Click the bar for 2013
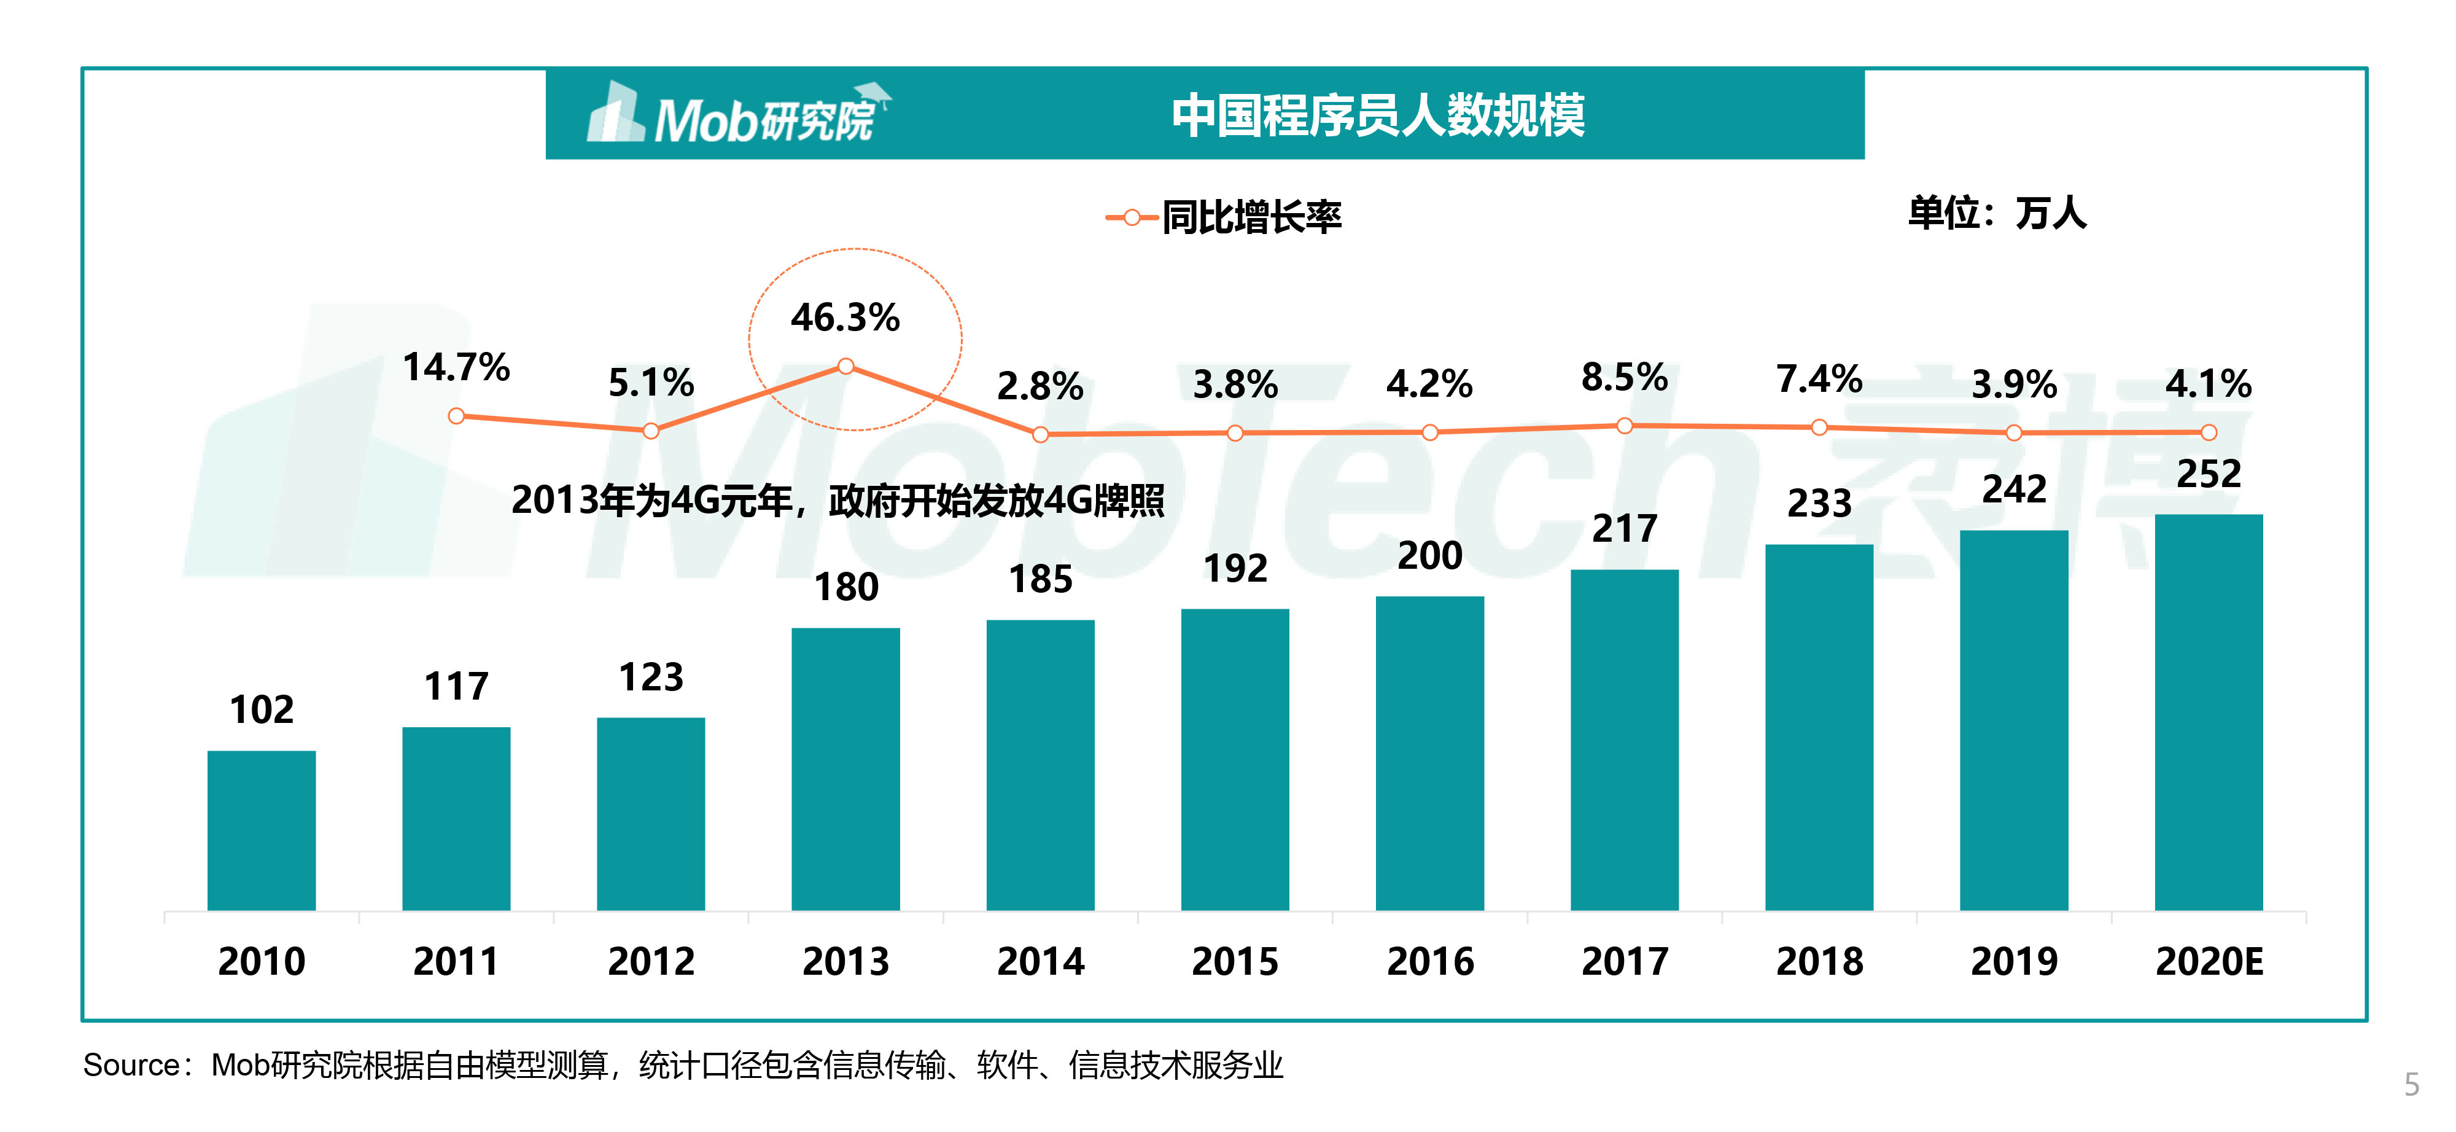coord(845,768)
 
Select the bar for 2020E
coord(2208,711)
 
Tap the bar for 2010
coord(261,830)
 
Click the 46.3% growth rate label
coord(845,318)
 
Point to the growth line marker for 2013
coord(845,366)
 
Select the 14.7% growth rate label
coord(456,367)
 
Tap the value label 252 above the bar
coord(2208,474)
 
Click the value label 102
coord(261,709)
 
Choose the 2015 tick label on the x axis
coord(1235,961)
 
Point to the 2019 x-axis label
coord(2014,961)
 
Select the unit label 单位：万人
coord(1997,213)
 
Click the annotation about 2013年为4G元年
coord(837,500)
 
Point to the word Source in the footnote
coord(131,1064)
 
